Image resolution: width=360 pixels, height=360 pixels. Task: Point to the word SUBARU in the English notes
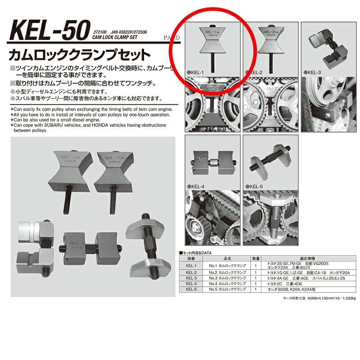click(50, 126)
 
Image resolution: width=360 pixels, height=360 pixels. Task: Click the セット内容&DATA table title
click(195, 253)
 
